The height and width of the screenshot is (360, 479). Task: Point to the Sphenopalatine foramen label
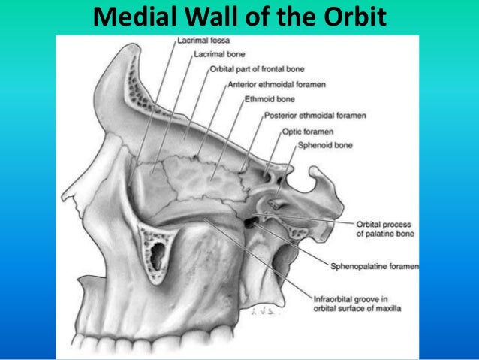click(375, 265)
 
